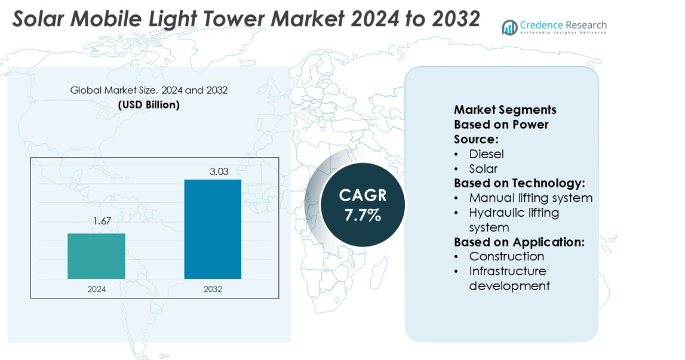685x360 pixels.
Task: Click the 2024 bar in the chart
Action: (x=96, y=256)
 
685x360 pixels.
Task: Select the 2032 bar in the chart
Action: (x=213, y=229)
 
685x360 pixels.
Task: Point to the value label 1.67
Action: (x=102, y=221)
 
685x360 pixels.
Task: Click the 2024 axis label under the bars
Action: (x=97, y=290)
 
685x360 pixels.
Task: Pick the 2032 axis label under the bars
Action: (x=213, y=290)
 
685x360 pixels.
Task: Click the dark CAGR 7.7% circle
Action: (x=363, y=205)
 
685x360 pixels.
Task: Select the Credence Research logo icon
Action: (x=509, y=27)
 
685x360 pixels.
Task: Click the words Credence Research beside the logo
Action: (x=563, y=24)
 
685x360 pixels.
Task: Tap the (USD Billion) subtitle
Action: (x=149, y=105)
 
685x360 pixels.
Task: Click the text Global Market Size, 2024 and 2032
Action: (x=149, y=91)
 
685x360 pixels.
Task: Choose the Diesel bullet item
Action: (x=486, y=154)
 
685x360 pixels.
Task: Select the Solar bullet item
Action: (x=483, y=169)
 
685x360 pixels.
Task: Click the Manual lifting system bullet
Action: (x=530, y=198)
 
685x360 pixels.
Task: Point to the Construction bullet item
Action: (x=506, y=256)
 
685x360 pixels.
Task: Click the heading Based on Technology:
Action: (x=519, y=183)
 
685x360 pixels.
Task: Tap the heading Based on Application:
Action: (x=519, y=242)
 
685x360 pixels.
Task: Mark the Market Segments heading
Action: (x=505, y=110)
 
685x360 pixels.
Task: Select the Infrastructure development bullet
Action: (x=508, y=278)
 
